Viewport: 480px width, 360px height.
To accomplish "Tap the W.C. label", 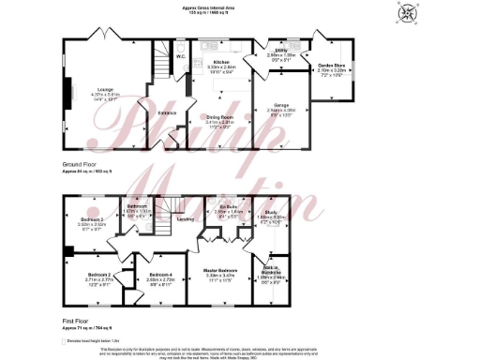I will click(x=182, y=57).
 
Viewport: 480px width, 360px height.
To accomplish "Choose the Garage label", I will click(x=284, y=105).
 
